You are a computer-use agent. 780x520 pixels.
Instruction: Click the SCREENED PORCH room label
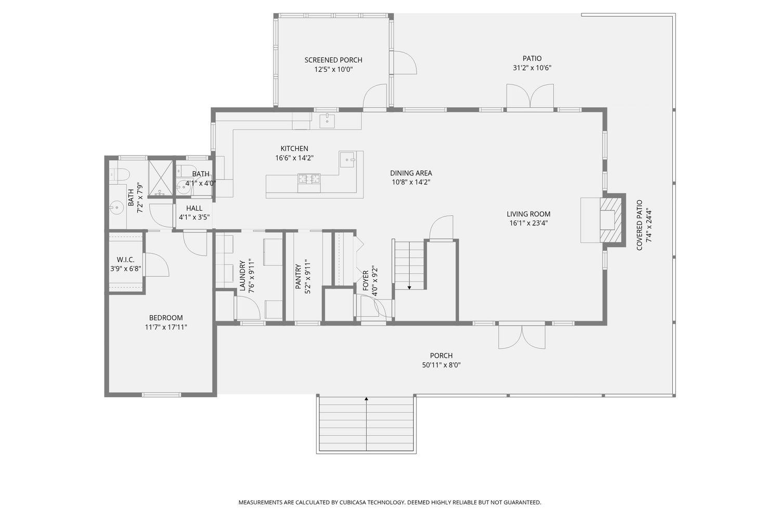click(333, 60)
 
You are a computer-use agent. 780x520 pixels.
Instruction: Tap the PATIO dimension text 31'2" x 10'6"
click(532, 68)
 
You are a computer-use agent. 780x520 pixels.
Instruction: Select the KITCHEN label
click(294, 149)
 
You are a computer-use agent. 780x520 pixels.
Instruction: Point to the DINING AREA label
click(411, 173)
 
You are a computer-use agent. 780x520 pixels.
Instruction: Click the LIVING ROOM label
click(528, 214)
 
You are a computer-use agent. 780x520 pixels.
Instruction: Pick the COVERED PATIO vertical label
click(640, 225)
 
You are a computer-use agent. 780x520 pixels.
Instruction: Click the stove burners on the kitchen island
click(309, 179)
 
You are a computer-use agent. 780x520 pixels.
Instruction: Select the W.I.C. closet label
click(125, 259)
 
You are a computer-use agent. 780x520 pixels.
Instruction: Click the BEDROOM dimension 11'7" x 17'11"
click(166, 327)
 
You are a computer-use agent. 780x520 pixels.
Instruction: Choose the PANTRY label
click(298, 277)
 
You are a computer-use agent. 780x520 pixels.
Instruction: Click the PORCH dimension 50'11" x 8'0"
click(441, 365)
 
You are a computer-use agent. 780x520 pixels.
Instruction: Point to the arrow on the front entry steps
click(366, 399)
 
